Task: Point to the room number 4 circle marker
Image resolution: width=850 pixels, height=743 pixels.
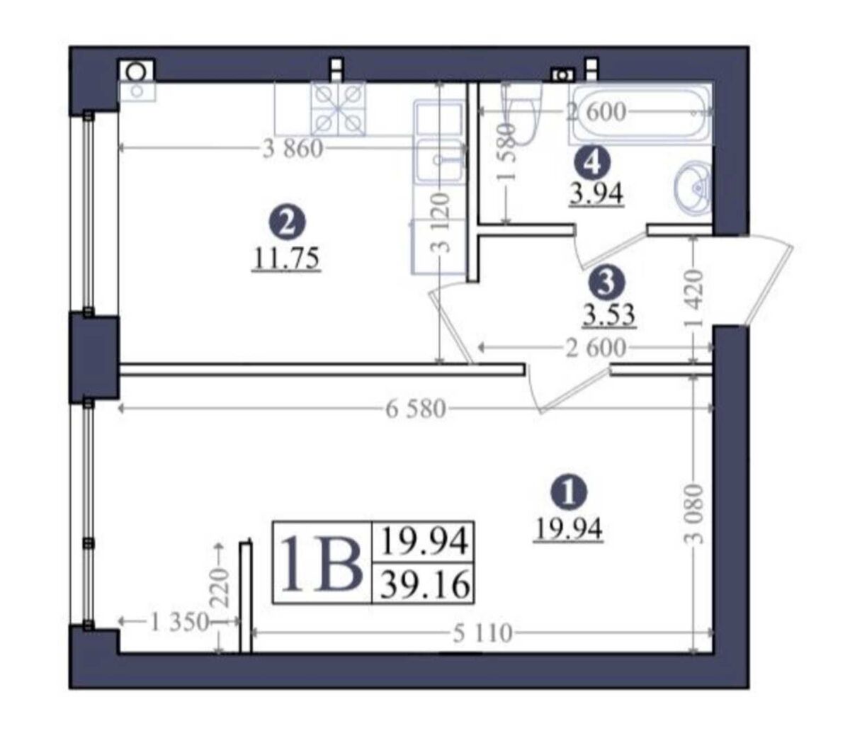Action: coord(592,164)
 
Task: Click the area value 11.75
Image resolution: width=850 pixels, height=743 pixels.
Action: coord(286,259)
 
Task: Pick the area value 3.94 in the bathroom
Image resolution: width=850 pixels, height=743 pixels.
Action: coord(596,194)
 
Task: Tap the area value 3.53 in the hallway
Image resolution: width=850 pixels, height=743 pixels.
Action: coord(609,314)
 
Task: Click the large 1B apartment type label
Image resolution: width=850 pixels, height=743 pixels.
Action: coord(320,562)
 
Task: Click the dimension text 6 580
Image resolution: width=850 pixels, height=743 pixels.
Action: coord(416,409)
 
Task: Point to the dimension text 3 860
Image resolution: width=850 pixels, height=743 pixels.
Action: coord(293,149)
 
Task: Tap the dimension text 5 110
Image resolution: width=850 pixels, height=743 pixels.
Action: coord(482,634)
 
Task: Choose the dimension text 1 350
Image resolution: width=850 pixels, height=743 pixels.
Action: coord(178,622)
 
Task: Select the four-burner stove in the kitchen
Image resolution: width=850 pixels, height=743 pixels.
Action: coord(339,109)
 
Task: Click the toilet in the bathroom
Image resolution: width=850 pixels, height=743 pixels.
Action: coord(522,113)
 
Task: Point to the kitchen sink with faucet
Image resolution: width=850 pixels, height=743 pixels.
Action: coord(440,160)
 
